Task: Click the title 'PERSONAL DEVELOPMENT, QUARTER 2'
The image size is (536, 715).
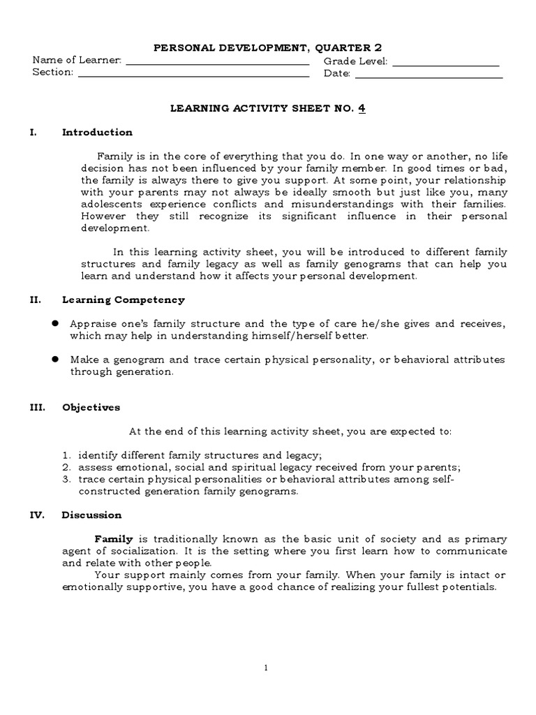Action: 268,47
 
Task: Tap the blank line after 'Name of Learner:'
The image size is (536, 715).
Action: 216,64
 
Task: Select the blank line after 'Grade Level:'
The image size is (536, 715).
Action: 447,64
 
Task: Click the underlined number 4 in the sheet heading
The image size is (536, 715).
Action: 362,108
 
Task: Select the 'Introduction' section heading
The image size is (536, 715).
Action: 97,132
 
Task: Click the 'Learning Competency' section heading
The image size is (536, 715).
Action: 124,300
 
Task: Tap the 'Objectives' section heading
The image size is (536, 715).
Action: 91,407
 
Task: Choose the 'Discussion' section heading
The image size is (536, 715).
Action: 91,515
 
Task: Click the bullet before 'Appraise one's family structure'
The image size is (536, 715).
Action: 54,324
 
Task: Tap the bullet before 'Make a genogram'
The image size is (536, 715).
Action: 54,360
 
